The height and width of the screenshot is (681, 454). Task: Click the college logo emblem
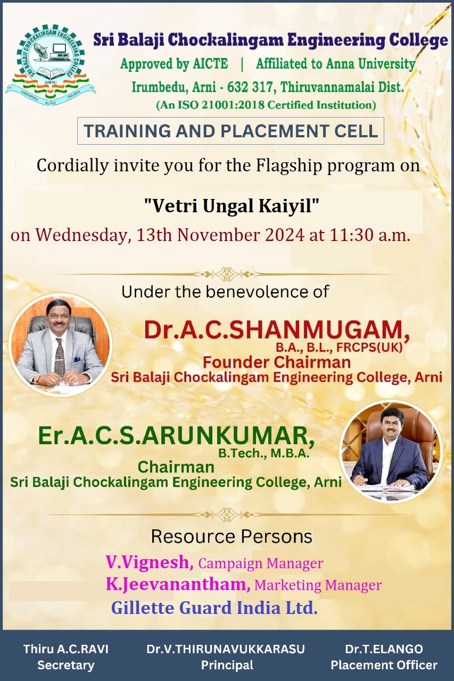point(50,65)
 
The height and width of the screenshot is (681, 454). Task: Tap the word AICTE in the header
point(210,64)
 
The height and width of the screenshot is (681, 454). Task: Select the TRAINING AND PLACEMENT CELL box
point(230,131)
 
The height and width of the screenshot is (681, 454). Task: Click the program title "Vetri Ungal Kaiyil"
point(232,206)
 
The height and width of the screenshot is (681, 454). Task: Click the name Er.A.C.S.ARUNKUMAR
point(176,437)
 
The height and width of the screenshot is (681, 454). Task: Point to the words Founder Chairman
point(277,362)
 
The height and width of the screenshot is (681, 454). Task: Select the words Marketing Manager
point(318,585)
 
